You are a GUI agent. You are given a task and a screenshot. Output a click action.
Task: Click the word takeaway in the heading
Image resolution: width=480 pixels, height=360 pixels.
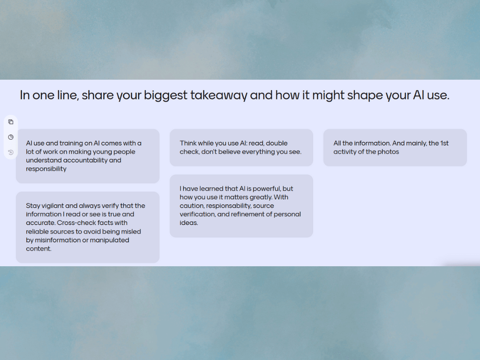coord(218,95)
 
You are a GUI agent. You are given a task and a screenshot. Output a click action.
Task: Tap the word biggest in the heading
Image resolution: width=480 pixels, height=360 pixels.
coord(165,95)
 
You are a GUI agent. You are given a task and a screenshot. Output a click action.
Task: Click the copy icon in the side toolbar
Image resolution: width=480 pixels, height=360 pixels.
coord(11,122)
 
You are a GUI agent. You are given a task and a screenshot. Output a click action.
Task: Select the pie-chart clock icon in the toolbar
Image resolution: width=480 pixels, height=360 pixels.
coord(11,137)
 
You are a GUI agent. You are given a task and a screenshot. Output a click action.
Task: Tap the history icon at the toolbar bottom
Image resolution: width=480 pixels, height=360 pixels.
coord(11,152)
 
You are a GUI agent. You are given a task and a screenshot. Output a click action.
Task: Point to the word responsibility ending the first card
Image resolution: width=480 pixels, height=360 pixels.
coord(46,169)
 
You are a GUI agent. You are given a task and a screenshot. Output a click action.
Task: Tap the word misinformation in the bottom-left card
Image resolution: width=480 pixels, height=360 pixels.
coord(58,240)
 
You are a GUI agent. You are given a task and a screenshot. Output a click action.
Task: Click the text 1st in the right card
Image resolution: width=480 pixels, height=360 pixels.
coord(444,143)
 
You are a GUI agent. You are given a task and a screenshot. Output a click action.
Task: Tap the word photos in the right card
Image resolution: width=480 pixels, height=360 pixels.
coord(389,152)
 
